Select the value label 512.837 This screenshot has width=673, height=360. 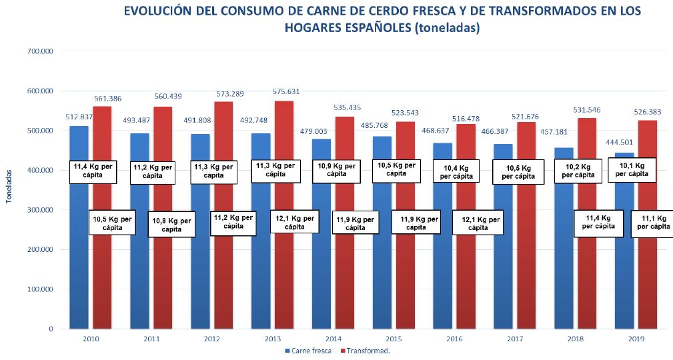(79, 117)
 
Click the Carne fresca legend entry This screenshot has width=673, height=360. (307, 349)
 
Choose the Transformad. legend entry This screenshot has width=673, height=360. (365, 349)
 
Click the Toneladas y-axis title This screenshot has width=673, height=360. (8, 189)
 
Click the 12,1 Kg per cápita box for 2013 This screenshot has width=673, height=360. (295, 221)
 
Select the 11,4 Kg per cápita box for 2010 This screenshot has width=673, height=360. (94, 171)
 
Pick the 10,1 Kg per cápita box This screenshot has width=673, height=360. (631, 169)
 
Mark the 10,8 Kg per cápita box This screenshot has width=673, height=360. (170, 225)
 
